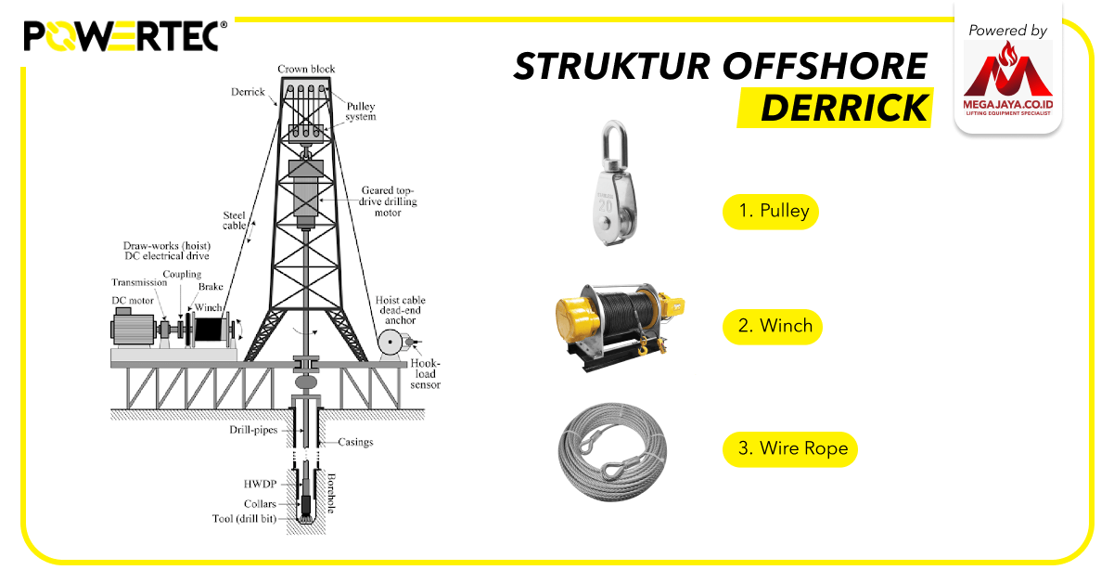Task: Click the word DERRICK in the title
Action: tap(843, 109)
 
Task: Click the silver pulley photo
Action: tap(609, 183)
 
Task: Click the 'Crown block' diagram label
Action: tap(306, 70)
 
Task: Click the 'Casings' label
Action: tap(355, 442)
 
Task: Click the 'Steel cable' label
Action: tap(235, 220)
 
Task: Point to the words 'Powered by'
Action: tap(1007, 31)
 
